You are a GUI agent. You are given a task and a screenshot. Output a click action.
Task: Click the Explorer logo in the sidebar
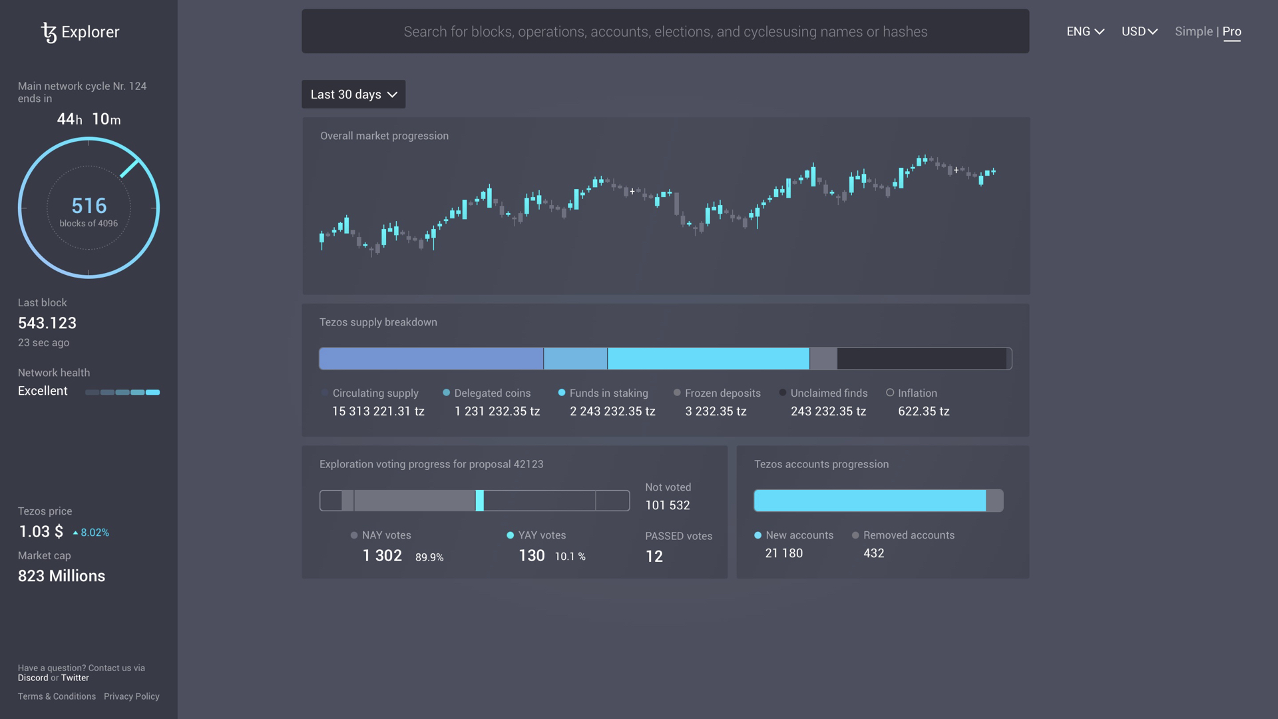coord(80,32)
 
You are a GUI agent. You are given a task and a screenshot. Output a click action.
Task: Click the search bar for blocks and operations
coord(665,31)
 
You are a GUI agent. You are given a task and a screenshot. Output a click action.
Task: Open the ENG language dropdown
coord(1085,31)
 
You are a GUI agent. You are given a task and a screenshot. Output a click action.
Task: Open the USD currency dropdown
coord(1139,31)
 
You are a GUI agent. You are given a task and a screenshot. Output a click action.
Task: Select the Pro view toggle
coord(1231,31)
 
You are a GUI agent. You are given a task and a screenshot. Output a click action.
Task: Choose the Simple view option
coord(1193,31)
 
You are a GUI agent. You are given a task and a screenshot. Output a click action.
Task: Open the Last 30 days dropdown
coord(353,95)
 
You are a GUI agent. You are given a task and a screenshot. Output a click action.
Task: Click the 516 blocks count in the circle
coord(89,206)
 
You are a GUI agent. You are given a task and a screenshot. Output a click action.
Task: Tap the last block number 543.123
coord(47,323)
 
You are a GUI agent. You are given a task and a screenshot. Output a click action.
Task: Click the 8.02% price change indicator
coord(91,533)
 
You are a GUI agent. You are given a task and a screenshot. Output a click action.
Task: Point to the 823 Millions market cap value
coord(61,576)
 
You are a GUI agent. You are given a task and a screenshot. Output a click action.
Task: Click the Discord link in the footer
coord(33,678)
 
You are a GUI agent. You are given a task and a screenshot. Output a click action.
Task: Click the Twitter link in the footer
coord(75,678)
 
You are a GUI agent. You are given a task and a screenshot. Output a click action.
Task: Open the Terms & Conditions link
coord(57,696)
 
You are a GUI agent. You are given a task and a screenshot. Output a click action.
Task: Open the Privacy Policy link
coord(131,696)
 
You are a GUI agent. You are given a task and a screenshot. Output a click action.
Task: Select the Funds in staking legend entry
coord(608,393)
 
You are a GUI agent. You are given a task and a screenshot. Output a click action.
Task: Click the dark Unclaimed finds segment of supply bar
coord(921,359)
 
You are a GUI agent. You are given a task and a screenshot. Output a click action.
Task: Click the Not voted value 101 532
coord(667,505)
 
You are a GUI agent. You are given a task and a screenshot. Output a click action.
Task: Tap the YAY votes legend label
coord(541,535)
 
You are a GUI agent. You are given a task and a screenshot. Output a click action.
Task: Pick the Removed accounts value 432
coord(873,553)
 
